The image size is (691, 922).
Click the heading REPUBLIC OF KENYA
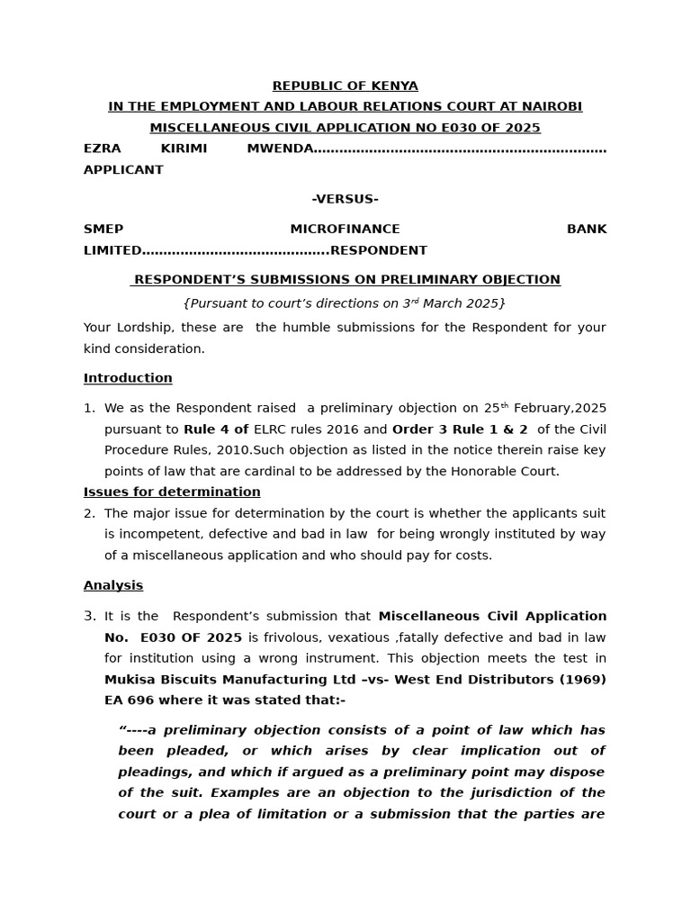point(345,86)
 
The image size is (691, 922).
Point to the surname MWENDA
point(280,149)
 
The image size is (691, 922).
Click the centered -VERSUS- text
point(345,199)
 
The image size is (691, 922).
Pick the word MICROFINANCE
point(345,230)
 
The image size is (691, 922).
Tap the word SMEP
point(103,230)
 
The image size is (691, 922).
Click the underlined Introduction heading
point(128,378)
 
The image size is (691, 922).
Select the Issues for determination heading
point(172,493)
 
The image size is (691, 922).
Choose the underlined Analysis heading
point(113,585)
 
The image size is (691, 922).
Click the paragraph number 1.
point(89,409)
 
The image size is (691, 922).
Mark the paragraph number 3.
point(89,617)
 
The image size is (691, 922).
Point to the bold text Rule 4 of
point(216,429)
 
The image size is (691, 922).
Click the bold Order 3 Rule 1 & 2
point(460,429)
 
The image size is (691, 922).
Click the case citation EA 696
point(130,700)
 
